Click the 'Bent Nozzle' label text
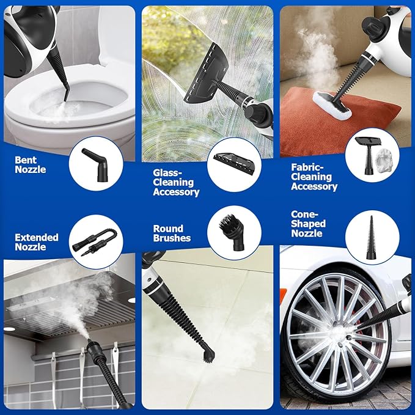coord(31,164)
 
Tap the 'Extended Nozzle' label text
coord(37,241)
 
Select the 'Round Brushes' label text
coord(172,233)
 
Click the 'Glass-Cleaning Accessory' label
coord(176,182)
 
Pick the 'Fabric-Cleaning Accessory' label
coord(314,177)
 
